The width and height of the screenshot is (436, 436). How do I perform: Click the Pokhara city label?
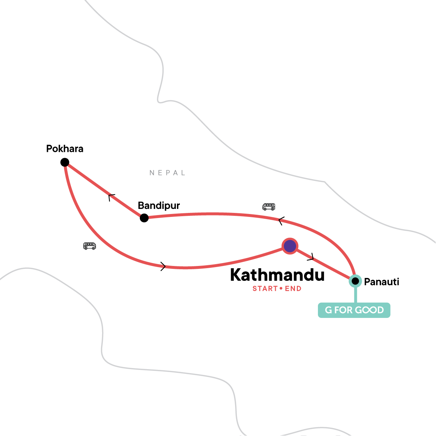(x=65, y=149)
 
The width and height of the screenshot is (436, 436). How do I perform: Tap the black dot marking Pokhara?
(x=65, y=162)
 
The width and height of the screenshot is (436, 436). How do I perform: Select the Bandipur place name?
(x=159, y=206)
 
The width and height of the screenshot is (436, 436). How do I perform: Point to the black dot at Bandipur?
(x=144, y=218)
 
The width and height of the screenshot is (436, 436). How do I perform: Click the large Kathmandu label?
(x=277, y=275)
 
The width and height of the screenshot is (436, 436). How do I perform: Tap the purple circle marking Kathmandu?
(x=290, y=246)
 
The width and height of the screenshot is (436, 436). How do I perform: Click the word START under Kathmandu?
(x=265, y=289)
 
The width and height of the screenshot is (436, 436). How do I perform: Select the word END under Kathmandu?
(x=293, y=289)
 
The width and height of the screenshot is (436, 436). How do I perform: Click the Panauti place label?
(x=381, y=282)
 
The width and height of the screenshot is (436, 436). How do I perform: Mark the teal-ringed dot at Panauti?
(x=355, y=281)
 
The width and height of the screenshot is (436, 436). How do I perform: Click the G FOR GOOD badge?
(x=354, y=310)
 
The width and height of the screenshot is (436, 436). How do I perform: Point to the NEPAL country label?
(x=167, y=173)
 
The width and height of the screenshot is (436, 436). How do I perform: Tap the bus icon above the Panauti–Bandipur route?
(x=269, y=207)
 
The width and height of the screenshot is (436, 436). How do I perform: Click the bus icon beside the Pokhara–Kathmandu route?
(x=89, y=246)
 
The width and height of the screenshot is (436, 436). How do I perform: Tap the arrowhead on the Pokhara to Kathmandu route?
(x=163, y=267)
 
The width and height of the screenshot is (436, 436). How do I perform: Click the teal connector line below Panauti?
(x=355, y=295)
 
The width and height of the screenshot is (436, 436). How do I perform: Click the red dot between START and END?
(x=281, y=289)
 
